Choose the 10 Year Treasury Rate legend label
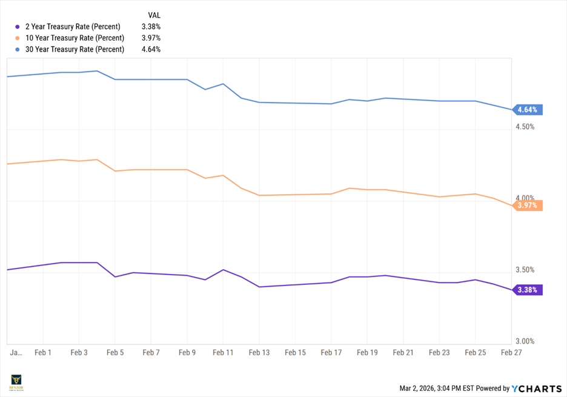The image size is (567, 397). [75, 38]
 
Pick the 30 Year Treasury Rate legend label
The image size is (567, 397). [75, 50]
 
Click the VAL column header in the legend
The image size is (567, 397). [154, 15]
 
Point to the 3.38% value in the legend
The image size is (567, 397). [151, 27]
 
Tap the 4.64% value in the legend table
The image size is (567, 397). [151, 50]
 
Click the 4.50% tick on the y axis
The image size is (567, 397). [525, 127]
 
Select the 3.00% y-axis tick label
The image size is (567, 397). [525, 341]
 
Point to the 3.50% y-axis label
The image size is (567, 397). [525, 270]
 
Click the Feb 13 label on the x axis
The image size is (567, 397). [259, 352]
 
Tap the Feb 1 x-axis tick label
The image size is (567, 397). [44, 352]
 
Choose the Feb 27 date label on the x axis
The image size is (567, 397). [511, 352]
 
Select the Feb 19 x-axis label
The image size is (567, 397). [367, 352]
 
